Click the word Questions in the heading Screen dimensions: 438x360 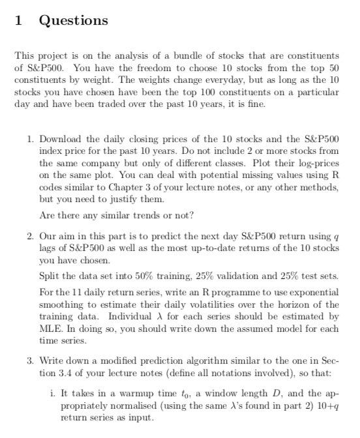(x=74, y=21)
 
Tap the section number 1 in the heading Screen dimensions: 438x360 (x=19, y=21)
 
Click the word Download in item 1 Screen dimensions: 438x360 (x=63, y=139)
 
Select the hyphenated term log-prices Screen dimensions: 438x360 (x=316, y=163)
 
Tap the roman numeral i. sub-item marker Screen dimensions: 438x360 (x=52, y=394)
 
